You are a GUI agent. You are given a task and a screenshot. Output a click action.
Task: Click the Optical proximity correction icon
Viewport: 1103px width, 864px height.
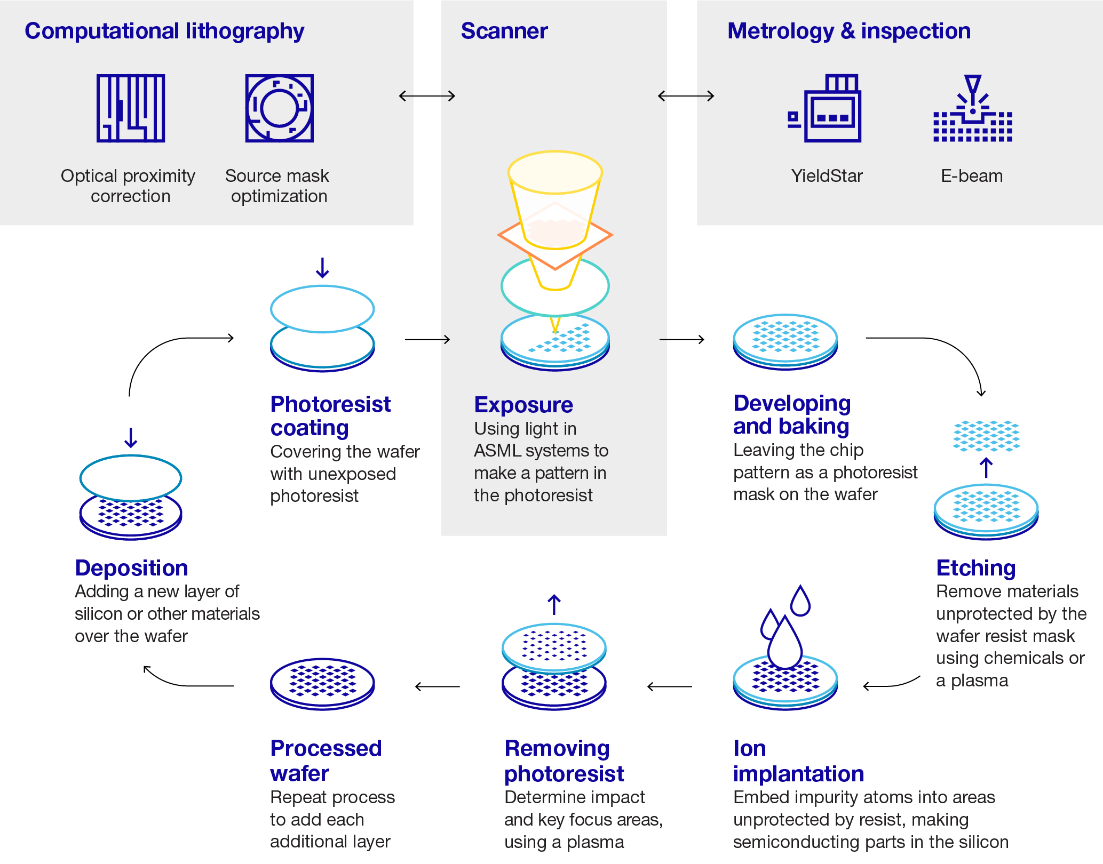(131, 108)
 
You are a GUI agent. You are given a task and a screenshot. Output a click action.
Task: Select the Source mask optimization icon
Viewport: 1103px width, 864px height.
(279, 108)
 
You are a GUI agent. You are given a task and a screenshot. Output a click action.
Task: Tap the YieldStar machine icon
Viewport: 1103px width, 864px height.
(826, 109)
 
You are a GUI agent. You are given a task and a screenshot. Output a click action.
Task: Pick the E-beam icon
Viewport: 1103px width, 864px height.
(972, 109)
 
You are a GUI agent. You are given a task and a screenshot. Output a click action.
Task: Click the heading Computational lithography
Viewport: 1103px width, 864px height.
(164, 31)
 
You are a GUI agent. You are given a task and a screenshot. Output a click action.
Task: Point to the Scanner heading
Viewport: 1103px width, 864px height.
(504, 31)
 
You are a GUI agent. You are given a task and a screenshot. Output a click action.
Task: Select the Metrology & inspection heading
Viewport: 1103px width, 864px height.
(849, 31)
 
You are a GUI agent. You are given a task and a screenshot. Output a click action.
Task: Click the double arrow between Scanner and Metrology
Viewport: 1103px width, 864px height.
(686, 96)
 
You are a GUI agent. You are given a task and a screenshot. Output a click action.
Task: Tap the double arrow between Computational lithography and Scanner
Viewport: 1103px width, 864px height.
(427, 96)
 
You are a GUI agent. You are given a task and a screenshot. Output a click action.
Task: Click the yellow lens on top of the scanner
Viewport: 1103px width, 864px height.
(555, 172)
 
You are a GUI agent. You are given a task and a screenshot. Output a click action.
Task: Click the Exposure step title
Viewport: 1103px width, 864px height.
(523, 405)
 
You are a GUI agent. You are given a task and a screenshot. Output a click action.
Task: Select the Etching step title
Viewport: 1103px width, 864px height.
(976, 568)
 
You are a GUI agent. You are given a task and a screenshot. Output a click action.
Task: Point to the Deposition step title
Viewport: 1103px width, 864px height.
(131, 568)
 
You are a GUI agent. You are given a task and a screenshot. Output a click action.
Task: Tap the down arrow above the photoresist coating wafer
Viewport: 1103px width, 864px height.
(322, 268)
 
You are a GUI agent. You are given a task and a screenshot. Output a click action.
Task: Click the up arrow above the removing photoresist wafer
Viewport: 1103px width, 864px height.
(554, 605)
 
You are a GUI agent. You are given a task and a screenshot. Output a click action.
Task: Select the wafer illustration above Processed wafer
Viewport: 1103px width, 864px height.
(322, 684)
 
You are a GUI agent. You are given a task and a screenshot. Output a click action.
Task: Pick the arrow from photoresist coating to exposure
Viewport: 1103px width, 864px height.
(427, 339)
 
